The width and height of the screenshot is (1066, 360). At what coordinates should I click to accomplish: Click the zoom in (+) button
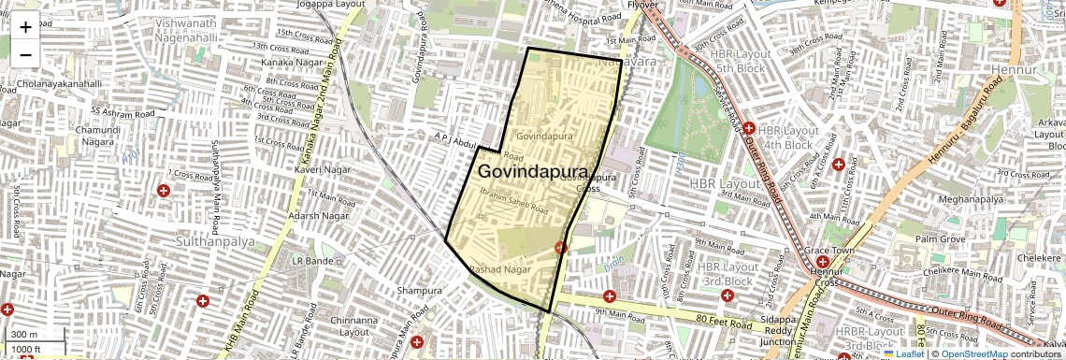[25, 27]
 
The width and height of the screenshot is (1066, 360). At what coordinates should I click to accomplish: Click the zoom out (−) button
[25, 54]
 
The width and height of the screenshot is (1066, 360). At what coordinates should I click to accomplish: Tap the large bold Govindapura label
[533, 172]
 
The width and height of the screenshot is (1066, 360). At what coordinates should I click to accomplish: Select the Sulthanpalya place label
[214, 241]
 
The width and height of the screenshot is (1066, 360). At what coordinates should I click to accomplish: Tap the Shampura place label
[418, 291]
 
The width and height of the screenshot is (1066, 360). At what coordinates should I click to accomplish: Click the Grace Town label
[830, 252]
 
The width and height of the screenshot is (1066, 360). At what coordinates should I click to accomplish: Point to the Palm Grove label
[940, 239]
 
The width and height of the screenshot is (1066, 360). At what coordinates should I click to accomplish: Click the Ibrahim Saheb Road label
[513, 200]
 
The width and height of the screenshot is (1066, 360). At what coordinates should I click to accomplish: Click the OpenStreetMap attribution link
[973, 353]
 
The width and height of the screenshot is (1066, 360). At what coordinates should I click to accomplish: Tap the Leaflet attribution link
[903, 353]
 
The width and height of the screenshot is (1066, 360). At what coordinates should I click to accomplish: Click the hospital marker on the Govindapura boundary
[560, 248]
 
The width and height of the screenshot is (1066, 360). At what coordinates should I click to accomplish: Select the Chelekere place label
[1041, 257]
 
